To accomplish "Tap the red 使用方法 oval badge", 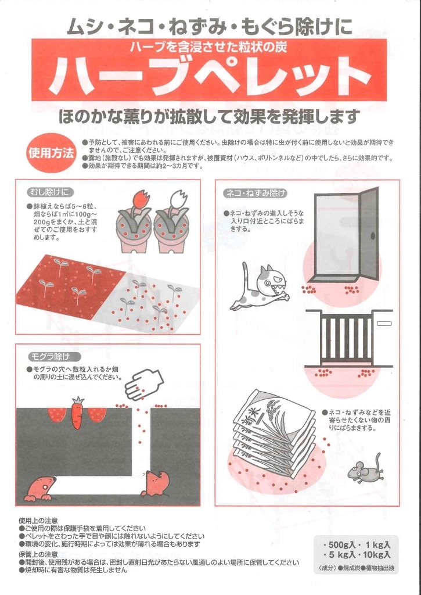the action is point(51,153).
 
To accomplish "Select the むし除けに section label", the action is point(51,192).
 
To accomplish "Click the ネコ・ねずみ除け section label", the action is point(255,193).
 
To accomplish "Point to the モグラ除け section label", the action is point(54,357).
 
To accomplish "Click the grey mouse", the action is point(364,469).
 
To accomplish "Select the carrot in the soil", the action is point(77,414).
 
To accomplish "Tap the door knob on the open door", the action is point(372,236).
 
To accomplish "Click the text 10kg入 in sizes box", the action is point(377,554).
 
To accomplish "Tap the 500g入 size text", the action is point(339,545).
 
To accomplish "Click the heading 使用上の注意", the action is point(38,520).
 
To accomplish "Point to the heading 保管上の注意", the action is point(38,554).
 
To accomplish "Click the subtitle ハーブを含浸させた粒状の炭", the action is point(208,47).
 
